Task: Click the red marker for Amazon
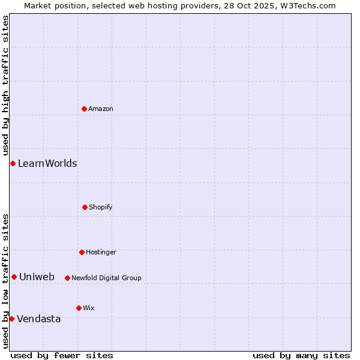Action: pyautogui.click(x=84, y=109)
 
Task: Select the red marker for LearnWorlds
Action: pyautogui.click(x=13, y=163)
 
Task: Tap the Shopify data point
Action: pyautogui.click(x=85, y=207)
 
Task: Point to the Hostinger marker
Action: pyautogui.click(x=82, y=252)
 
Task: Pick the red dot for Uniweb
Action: pyautogui.click(x=14, y=277)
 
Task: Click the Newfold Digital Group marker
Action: pyautogui.click(x=67, y=278)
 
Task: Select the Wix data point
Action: pyautogui.click(x=79, y=308)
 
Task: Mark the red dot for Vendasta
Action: pyautogui.click(x=11, y=319)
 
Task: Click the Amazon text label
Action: pyautogui.click(x=101, y=109)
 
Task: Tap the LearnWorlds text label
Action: pyautogui.click(x=47, y=163)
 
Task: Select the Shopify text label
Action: pyautogui.click(x=101, y=207)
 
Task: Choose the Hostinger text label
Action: pyautogui.click(x=101, y=252)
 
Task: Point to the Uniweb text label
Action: pyautogui.click(x=37, y=277)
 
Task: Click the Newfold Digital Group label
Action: pyautogui.click(x=106, y=278)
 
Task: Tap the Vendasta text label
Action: pyautogui.click(x=39, y=319)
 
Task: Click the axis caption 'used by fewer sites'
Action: pyautogui.click(x=62, y=355)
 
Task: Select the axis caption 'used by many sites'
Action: pyautogui.click(x=301, y=355)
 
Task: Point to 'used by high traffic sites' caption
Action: pyautogui.click(x=5, y=85)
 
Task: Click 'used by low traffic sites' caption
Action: pyautogui.click(x=5, y=280)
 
